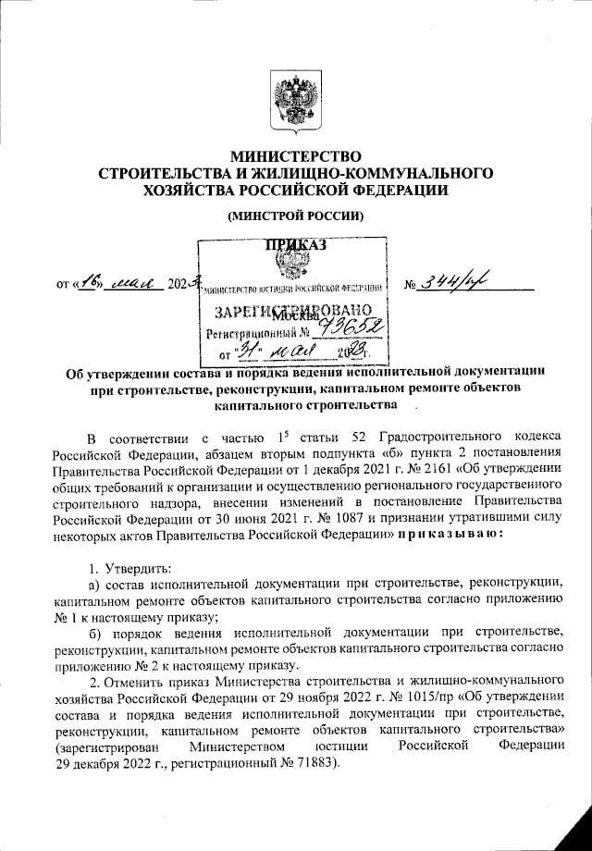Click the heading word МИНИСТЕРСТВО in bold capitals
pos(295,156)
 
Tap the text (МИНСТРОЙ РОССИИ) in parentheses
pos(295,216)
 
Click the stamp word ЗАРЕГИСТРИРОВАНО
pos(293,310)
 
